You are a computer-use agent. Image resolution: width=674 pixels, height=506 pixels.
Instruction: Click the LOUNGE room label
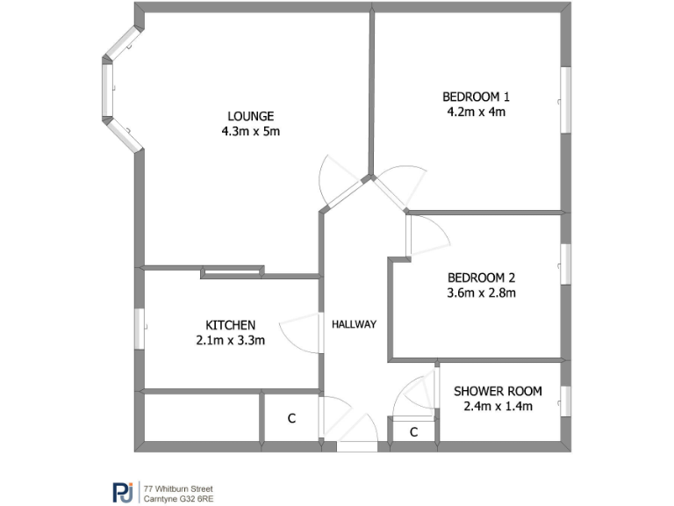tap(251, 116)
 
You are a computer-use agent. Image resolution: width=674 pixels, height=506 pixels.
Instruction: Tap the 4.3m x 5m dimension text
tap(251, 131)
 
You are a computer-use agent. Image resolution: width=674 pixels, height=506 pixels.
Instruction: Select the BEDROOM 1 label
tap(476, 97)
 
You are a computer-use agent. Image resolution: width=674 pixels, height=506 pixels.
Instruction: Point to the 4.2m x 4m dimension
tap(476, 112)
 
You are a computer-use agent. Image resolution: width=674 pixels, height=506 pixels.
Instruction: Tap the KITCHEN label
tap(231, 325)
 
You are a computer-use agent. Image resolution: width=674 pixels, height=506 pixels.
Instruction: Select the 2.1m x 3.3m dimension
tap(231, 340)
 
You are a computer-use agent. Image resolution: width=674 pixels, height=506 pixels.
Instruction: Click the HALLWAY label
tap(354, 324)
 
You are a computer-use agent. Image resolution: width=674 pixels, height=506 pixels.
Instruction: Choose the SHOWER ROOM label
tap(498, 391)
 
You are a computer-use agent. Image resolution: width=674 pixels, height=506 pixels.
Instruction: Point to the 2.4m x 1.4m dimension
tap(498, 406)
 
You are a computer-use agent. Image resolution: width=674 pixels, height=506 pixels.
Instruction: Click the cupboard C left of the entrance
tap(291, 419)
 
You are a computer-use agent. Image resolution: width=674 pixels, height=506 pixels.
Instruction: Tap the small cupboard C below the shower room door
tap(413, 432)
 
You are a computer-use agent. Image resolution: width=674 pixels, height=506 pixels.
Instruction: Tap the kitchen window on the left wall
tap(140, 327)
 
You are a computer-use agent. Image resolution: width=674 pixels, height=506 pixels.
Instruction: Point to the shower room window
tap(566, 400)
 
